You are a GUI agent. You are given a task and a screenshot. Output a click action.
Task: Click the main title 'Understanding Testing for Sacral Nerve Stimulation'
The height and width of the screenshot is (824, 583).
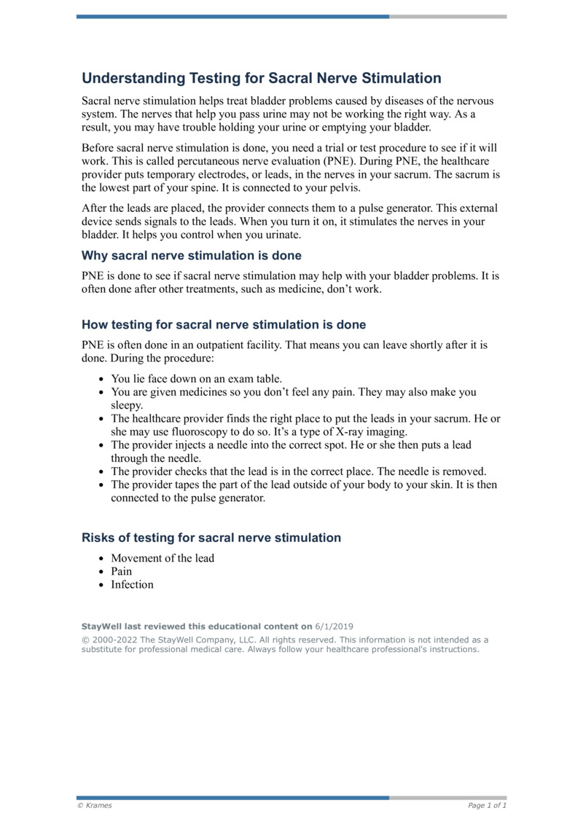[262, 78]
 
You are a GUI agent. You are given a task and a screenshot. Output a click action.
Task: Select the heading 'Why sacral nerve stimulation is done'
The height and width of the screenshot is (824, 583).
[191, 256]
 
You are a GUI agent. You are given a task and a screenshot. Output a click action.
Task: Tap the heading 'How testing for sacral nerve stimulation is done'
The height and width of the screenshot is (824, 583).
[224, 324]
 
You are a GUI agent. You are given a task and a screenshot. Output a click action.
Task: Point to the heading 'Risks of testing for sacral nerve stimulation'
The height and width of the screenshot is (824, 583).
[211, 538]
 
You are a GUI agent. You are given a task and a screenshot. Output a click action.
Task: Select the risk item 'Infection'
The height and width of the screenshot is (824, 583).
[132, 584]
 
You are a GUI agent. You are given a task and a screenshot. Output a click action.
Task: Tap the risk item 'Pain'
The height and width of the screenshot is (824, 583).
[122, 571]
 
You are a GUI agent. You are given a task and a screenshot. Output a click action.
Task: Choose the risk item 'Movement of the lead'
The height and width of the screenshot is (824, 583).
[163, 558]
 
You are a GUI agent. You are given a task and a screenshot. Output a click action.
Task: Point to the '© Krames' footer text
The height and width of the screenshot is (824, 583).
[96, 806]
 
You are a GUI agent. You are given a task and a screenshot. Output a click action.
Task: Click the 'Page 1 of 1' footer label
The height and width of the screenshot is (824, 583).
[487, 806]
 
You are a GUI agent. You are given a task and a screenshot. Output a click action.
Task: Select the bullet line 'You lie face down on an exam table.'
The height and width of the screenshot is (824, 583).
[196, 379]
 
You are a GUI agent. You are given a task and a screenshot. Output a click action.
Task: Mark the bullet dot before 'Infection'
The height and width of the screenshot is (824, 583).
[101, 585]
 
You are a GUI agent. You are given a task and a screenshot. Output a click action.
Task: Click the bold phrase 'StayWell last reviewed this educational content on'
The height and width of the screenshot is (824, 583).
[196, 627]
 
